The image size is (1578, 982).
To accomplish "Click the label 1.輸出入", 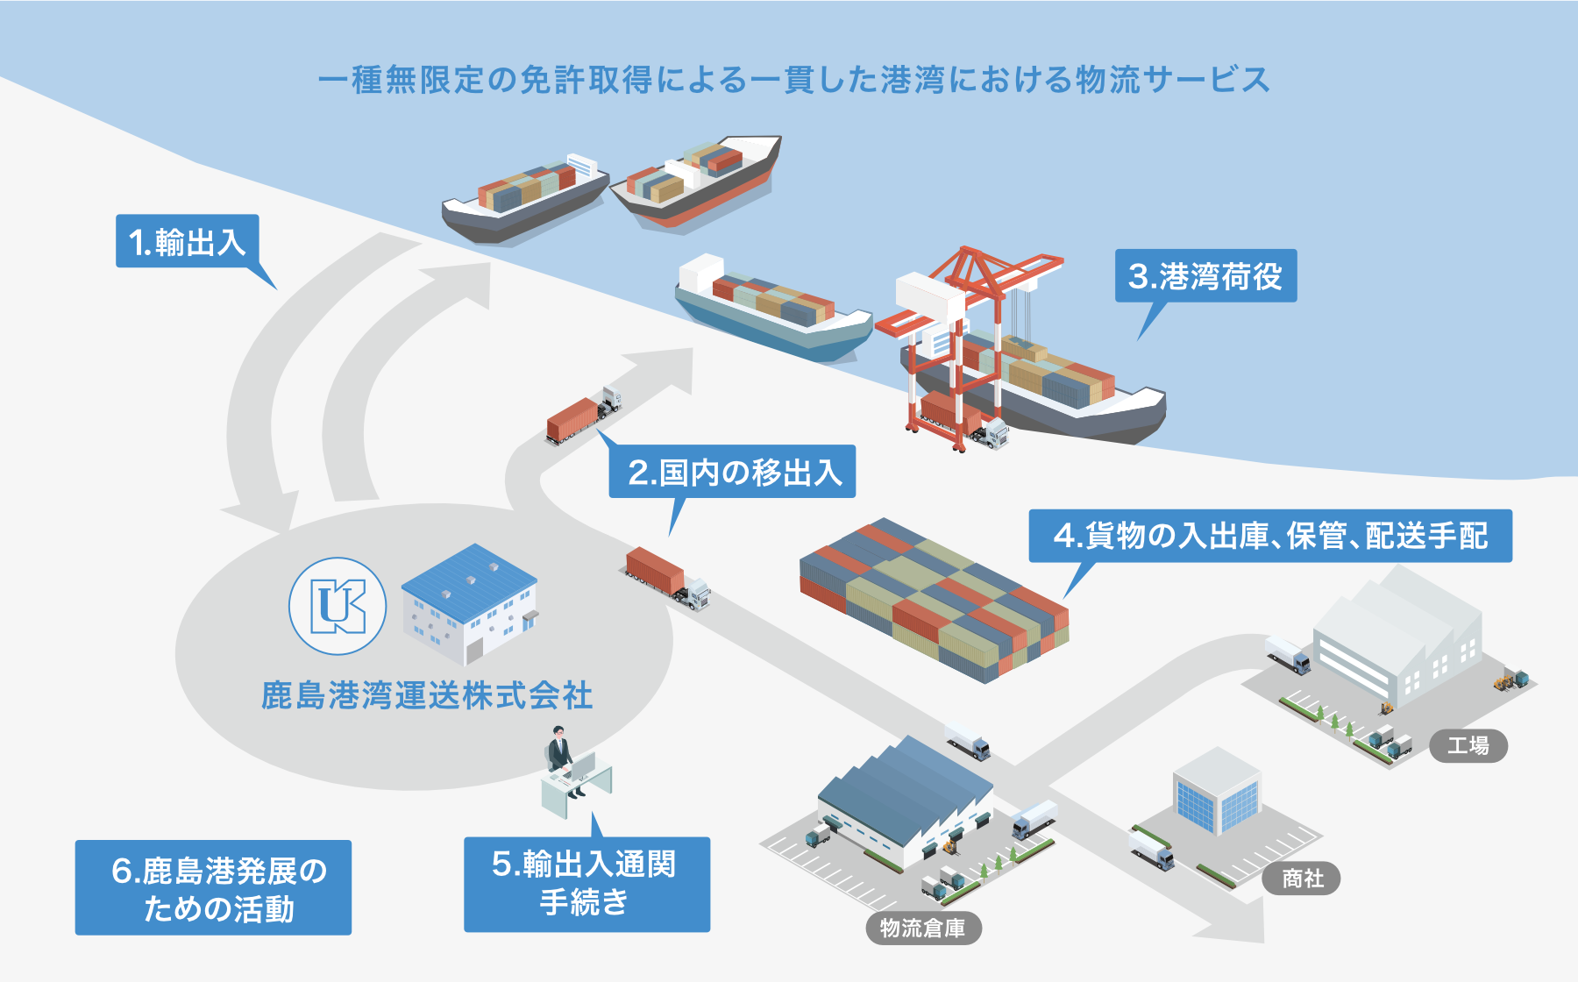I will coord(188,241).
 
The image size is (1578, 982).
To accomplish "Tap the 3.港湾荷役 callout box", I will coord(1205,276).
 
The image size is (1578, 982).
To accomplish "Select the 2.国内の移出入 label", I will coord(732,472).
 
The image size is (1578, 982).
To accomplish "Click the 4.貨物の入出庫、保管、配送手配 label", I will coord(1269,535).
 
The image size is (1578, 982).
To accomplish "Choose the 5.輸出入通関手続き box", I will coord(586,884).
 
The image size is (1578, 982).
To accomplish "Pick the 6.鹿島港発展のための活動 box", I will coord(213,887).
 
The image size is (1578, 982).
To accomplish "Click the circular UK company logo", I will coord(338,606).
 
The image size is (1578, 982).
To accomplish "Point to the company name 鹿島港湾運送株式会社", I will coord(427,696).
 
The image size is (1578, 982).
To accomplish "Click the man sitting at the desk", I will coord(559,758).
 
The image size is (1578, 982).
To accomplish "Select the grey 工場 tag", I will coord(1468,746).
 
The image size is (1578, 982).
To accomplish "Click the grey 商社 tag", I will coord(1302,879).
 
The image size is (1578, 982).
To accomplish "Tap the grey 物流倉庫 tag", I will coord(923,928).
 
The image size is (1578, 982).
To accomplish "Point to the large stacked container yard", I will coord(934,601).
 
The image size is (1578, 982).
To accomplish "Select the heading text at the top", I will coord(793,80).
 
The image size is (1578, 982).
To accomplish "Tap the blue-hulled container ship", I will coord(771,307).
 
